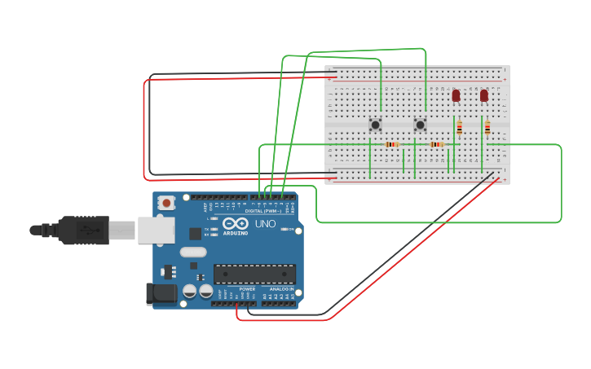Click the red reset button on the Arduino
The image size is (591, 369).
(x=166, y=202)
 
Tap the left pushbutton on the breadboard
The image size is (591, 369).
(x=375, y=125)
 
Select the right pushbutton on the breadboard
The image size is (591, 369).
(x=420, y=125)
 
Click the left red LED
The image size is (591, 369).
(x=456, y=95)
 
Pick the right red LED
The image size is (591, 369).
(x=484, y=95)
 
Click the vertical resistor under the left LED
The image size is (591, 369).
(x=459, y=127)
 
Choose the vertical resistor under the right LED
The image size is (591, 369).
(x=487, y=127)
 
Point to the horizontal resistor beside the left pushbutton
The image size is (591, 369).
(x=392, y=144)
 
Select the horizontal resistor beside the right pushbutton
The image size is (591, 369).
(x=437, y=144)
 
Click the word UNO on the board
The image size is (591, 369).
(x=266, y=223)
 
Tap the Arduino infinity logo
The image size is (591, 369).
(x=236, y=223)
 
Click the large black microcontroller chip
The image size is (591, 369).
(x=254, y=274)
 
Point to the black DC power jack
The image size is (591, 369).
(x=161, y=294)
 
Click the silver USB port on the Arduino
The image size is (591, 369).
(x=156, y=231)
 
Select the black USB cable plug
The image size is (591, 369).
(x=82, y=231)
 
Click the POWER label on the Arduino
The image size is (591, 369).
(x=247, y=289)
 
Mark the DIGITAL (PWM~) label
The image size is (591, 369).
(x=262, y=211)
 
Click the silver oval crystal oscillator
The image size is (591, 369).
(x=193, y=264)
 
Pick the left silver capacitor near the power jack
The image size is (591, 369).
(x=189, y=290)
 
